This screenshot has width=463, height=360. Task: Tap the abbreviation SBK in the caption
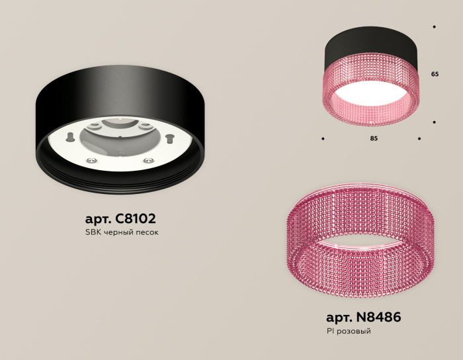coord(93,233)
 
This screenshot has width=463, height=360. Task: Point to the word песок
coord(147,233)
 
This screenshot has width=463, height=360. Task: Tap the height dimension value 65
coord(435,75)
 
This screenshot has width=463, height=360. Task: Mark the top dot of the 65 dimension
coord(434,27)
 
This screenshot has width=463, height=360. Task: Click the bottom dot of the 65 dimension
coord(434,122)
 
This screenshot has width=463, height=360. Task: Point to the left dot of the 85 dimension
coord(323,139)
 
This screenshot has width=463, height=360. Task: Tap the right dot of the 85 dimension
coord(419,139)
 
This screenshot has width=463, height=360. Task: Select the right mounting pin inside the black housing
coord(169,138)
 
